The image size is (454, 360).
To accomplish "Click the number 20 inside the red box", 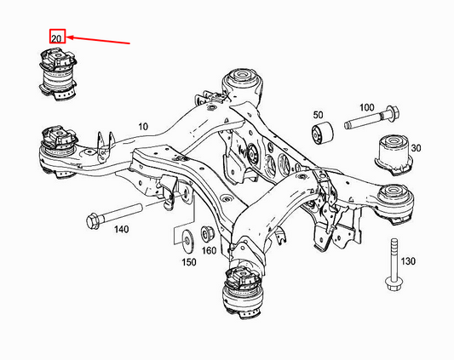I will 57,38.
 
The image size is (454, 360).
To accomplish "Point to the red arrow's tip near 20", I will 69,37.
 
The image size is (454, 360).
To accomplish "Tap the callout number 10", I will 143,127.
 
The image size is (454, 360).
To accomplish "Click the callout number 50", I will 318,114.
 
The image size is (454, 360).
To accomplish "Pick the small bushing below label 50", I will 322,134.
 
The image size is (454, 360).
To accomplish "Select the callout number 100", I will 367,107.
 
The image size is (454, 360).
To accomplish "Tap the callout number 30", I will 416,148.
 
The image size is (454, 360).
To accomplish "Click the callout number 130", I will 408,260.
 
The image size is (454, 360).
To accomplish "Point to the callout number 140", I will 121,230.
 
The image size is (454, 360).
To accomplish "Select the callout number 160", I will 209,251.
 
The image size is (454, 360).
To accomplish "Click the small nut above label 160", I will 208,232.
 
